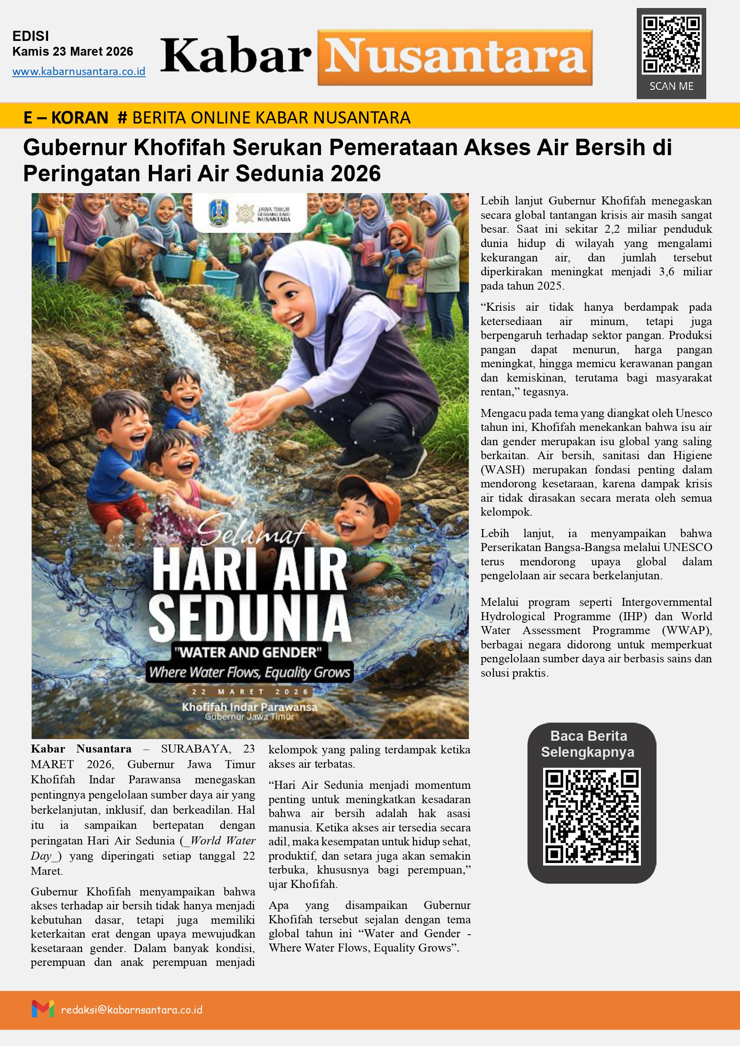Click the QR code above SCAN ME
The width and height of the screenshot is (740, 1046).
pos(671,45)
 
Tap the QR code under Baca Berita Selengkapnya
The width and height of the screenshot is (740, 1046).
pos(592,816)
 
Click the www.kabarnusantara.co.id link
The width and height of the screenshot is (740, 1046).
pos(79,72)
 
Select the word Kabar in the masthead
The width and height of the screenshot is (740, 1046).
pos(236,56)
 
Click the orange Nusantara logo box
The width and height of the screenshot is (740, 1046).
pos(455,58)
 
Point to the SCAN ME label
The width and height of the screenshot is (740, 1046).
pos(671,86)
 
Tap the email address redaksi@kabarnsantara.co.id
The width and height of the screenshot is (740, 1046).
pos(132,1010)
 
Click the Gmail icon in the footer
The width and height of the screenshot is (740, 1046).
pos(43,1008)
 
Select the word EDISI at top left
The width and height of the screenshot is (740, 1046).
pos(30,36)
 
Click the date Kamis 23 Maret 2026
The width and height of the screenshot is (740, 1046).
pos(73,51)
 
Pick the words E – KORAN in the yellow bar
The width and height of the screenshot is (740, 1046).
pos(66,118)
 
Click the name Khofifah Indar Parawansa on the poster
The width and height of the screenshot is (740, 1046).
pos(249,707)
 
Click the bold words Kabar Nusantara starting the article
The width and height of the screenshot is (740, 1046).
pos(81,749)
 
